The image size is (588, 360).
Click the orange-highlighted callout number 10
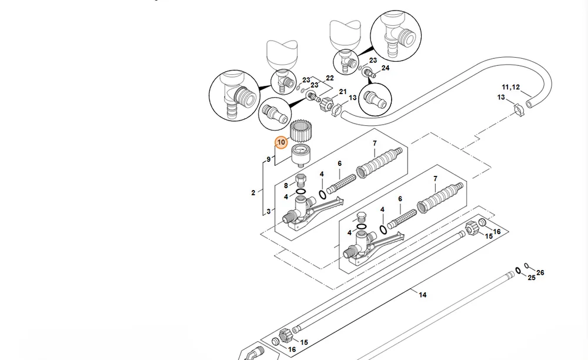281,142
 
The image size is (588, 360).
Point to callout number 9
269,159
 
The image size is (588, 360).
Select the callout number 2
253,193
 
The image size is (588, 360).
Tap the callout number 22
330,78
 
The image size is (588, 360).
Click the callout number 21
343,92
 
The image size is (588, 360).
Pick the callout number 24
385,68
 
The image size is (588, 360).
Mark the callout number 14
423,295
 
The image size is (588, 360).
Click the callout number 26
540,272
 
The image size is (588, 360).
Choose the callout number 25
532,278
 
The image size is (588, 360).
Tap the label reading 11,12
511,87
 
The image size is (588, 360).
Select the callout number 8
286,185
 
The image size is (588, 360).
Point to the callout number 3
269,212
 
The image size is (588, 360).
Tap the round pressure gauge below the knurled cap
302,155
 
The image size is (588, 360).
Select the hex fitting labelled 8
300,180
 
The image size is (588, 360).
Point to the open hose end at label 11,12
529,104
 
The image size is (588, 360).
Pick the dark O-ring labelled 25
518,271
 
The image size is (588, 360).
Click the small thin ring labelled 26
526,265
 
